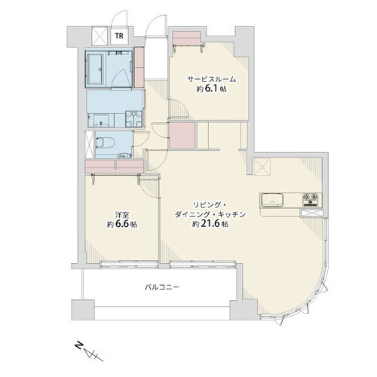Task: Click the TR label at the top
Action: [119, 35]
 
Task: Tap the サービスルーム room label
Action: [212, 80]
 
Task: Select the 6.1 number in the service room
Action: [211, 89]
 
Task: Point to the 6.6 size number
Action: [122, 224]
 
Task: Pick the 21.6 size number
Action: [210, 224]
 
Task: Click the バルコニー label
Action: [162, 287]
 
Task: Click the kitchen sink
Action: [272, 200]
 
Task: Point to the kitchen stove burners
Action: [311, 199]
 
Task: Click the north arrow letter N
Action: [80, 345]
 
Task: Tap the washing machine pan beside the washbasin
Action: [134, 118]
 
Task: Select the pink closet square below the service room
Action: [182, 135]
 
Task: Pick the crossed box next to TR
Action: [100, 36]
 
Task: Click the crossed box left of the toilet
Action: [90, 145]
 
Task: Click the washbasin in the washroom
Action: [101, 120]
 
